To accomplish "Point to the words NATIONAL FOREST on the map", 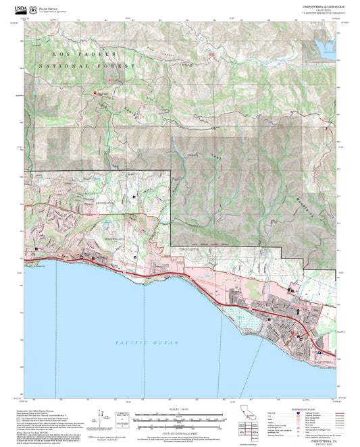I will coord(86,65).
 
